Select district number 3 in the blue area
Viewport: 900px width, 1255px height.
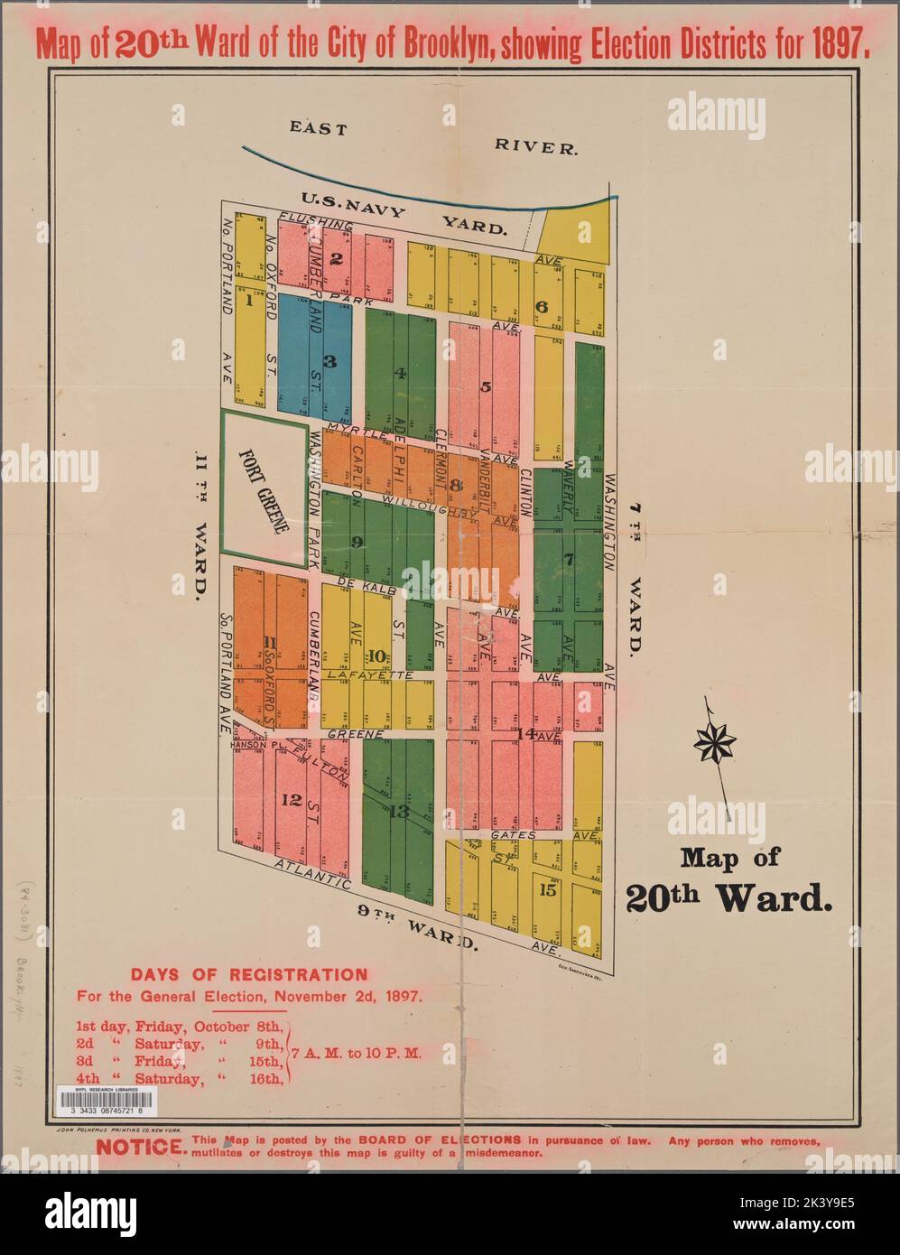(x=329, y=361)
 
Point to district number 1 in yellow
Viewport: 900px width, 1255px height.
(x=245, y=302)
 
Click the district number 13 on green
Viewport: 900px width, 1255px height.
(x=399, y=812)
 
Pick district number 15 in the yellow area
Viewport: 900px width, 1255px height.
(x=547, y=889)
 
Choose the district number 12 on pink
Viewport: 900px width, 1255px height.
(x=290, y=799)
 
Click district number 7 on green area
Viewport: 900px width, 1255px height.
(x=568, y=559)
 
